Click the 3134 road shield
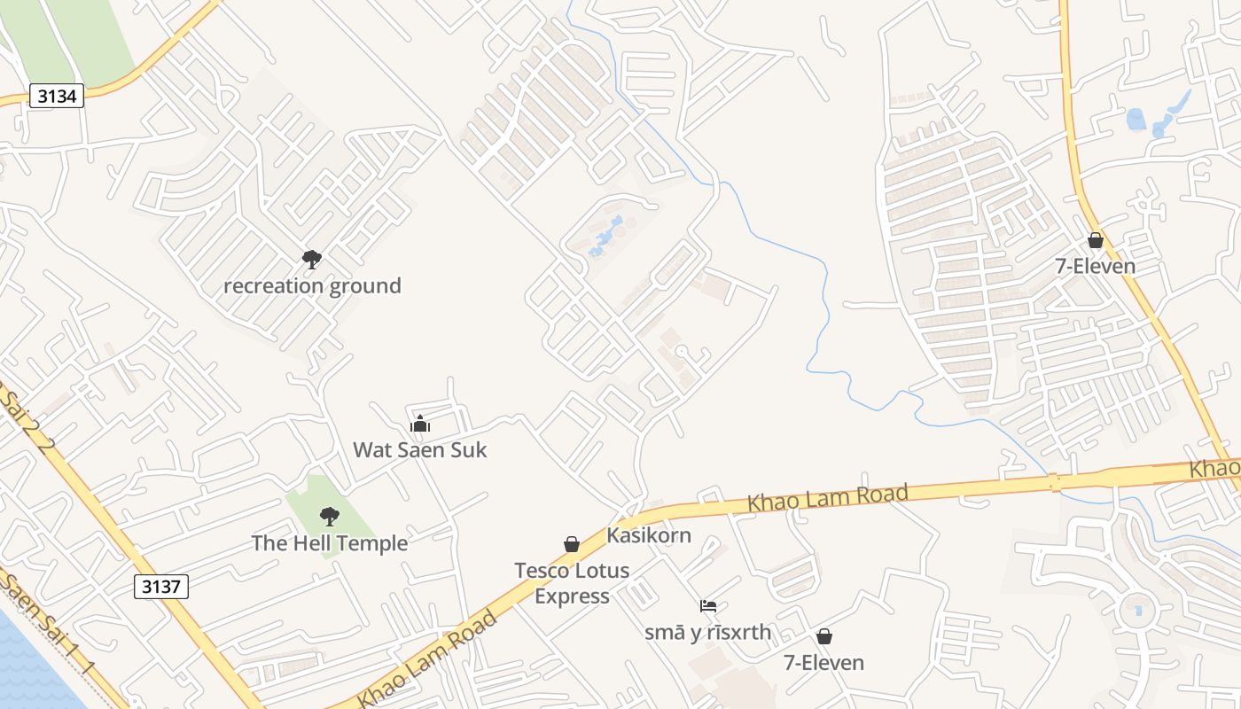(57, 96)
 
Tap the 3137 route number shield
(161, 586)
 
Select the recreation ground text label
(312, 286)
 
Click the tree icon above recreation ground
(311, 259)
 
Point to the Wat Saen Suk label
(420, 450)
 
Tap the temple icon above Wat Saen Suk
(420, 424)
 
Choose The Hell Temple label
(330, 543)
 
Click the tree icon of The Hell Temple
(330, 516)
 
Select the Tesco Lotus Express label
(572, 583)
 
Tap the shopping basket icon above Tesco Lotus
(572, 544)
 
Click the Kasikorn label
(649, 535)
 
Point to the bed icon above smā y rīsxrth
(708, 606)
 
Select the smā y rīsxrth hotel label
(708, 633)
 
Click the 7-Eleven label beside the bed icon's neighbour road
(823, 663)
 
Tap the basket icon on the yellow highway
(1096, 240)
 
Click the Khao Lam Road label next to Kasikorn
(828, 497)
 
